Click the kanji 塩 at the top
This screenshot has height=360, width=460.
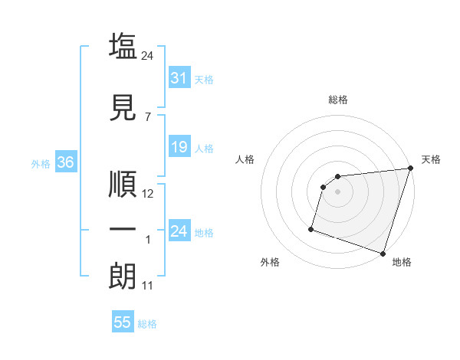(123, 45)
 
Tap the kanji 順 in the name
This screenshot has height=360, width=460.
(123, 183)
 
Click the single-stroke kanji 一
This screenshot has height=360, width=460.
(123, 230)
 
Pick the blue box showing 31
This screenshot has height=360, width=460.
(179, 78)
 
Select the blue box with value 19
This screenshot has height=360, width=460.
(179, 147)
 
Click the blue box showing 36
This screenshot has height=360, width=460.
(65, 162)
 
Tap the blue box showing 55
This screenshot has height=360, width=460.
(123, 322)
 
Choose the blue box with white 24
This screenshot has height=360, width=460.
(179, 231)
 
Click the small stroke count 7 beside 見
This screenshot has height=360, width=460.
(148, 116)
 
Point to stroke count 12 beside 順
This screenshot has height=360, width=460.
(149, 194)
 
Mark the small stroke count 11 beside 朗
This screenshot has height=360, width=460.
(149, 286)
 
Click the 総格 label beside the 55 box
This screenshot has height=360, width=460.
(147, 324)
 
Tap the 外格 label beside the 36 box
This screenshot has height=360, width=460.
(41, 164)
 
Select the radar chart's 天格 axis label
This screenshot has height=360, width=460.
(431, 159)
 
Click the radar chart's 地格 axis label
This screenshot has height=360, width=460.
(402, 262)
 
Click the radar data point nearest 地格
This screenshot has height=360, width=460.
(383, 253)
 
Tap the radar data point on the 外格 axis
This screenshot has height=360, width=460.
(311, 228)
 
